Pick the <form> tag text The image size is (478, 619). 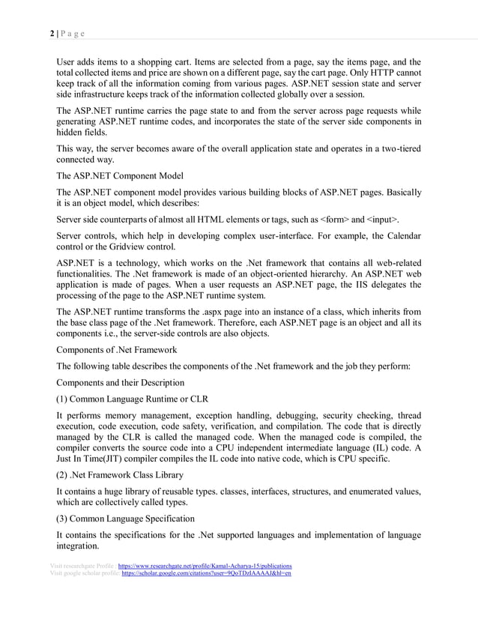click(335, 220)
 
